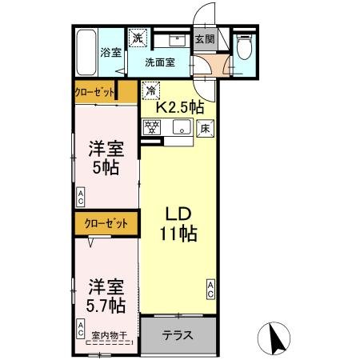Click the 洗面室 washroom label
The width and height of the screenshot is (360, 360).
[159, 62]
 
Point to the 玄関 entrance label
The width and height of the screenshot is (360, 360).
[205, 38]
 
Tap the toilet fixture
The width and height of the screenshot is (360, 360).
[245, 50]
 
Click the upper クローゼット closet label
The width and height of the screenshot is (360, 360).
[95, 92]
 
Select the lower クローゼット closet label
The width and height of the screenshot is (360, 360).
[102, 225]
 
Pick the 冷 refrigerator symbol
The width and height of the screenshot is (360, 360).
[150, 91]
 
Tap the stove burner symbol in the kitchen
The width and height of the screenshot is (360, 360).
[152, 126]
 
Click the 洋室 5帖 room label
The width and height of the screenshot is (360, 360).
[106, 157]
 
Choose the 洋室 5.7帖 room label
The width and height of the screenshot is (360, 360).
[106, 294]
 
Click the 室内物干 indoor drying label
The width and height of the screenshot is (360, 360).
[108, 336]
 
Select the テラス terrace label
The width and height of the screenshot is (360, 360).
[178, 335]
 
